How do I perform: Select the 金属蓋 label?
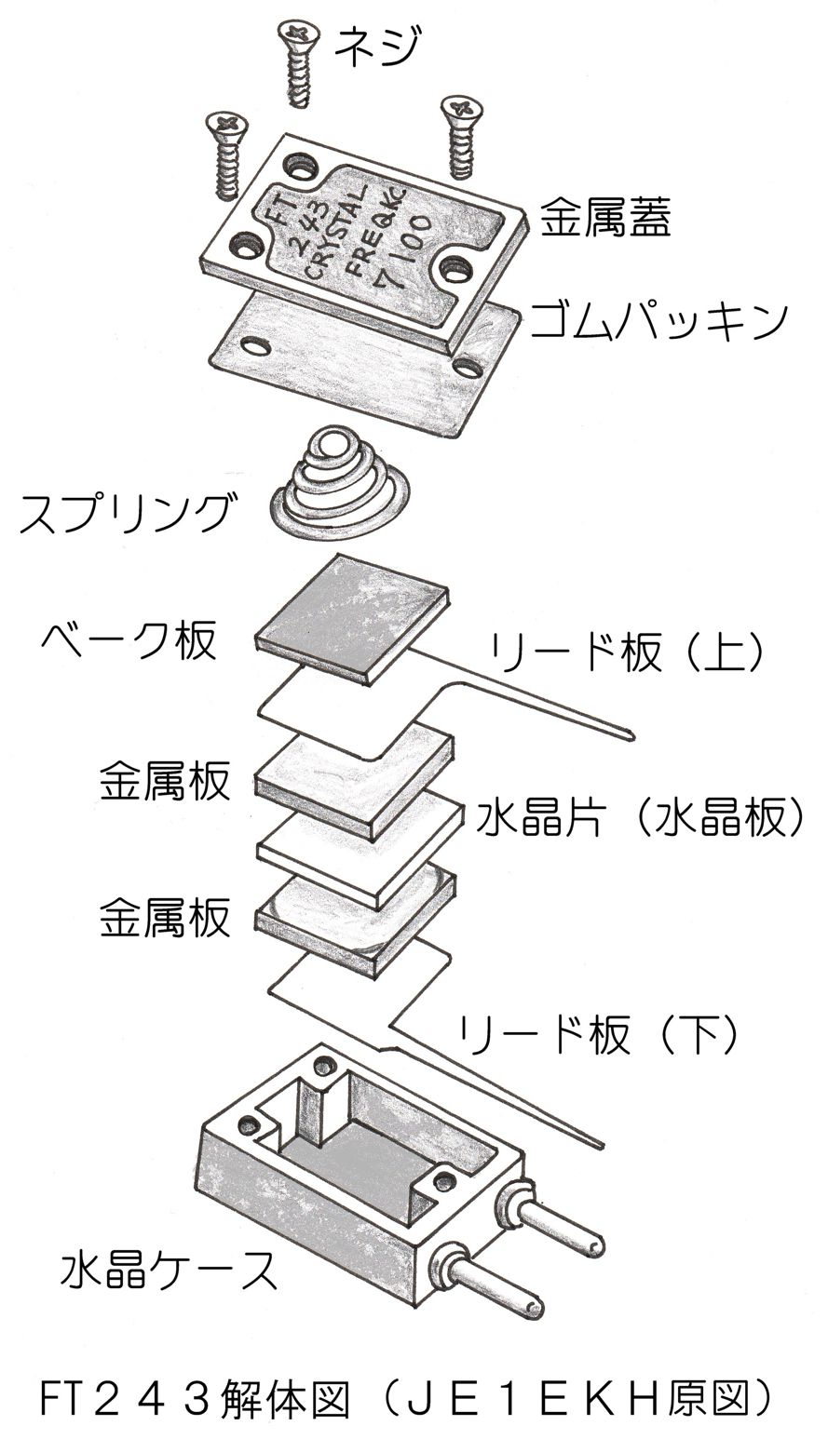pos(606,222)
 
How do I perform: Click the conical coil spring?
pos(333,483)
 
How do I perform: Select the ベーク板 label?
pos(128,641)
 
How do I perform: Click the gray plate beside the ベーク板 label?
pos(352,618)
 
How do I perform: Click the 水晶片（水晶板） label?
pos(639,819)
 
